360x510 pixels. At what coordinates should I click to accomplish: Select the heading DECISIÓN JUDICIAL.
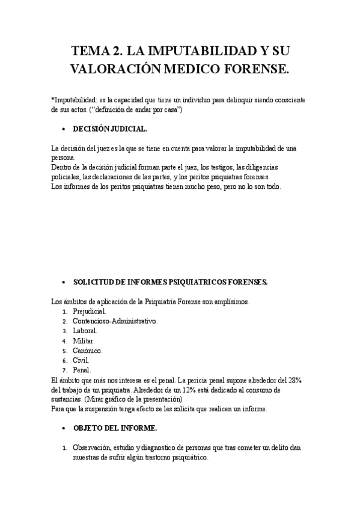tap(110, 129)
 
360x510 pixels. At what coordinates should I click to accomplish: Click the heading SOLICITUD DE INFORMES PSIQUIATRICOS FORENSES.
tap(170, 281)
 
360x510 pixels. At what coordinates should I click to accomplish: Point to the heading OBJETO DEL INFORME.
tap(115, 428)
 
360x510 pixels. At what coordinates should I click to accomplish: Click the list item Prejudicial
tap(89, 312)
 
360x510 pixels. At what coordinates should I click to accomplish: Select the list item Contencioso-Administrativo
tap(115, 321)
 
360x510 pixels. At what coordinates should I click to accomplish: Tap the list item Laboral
tap(85, 331)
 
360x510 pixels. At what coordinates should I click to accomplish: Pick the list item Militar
tap(84, 340)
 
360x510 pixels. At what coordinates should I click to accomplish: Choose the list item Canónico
tap(88, 350)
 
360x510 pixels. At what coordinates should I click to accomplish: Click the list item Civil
tap(81, 360)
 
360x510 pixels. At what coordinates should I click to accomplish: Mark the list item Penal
tap(82, 369)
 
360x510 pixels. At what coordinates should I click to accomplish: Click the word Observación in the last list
tap(93, 447)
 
